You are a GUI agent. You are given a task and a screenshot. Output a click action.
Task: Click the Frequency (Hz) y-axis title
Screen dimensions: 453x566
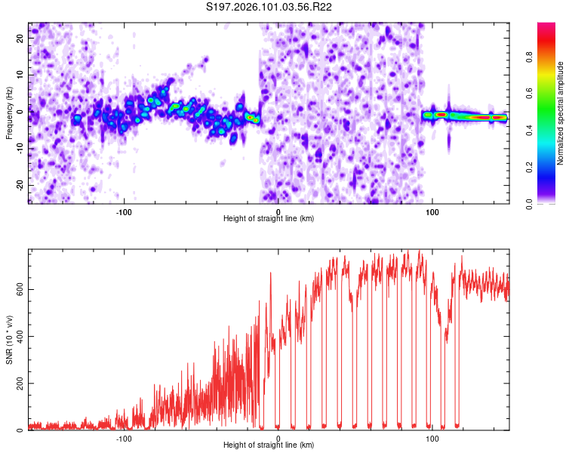pos(9,113)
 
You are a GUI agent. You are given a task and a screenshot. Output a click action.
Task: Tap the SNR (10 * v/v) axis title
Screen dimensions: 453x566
pos(9,340)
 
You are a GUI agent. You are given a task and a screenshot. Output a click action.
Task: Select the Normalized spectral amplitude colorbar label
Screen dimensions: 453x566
pos(561,113)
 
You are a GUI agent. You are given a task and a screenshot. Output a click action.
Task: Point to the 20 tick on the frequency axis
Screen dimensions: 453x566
pos(20,38)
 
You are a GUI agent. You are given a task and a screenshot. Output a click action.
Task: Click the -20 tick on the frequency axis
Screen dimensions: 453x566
pos(18,185)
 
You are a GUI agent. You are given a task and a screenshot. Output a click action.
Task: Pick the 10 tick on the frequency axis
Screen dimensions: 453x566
pos(20,75)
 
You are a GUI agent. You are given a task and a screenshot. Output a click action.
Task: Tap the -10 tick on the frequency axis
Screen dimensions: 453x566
pos(18,148)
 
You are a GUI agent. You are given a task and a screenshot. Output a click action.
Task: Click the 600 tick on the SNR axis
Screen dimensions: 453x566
pos(17,289)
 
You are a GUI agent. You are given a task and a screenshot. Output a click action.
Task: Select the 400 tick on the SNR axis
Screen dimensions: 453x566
pos(17,336)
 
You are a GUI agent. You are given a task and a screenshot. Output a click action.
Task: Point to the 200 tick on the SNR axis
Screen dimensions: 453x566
pos(17,384)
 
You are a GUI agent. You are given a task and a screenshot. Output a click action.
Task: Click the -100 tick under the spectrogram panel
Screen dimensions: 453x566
pos(124,211)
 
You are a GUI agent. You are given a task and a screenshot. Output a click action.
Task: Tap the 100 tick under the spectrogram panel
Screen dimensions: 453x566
pos(432,211)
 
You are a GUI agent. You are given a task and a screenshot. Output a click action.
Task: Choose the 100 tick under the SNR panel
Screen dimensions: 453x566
pos(432,438)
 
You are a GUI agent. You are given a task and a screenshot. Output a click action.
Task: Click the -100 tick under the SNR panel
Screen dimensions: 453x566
pos(124,438)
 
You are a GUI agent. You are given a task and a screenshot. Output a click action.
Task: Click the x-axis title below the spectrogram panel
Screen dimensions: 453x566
pos(269,218)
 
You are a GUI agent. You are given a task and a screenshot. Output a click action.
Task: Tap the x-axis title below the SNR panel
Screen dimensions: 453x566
pos(269,445)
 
